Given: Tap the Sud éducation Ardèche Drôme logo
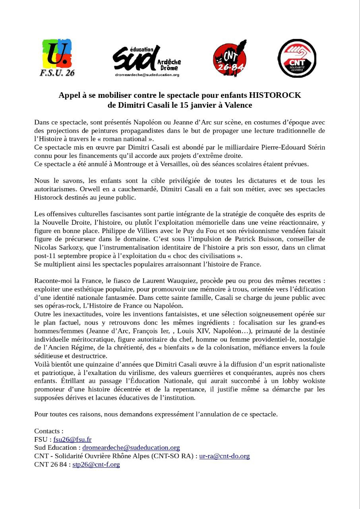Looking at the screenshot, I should [147, 60].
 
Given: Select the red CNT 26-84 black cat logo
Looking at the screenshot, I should [230, 57].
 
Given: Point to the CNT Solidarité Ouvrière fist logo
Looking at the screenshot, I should [296, 58].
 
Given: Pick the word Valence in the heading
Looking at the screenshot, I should [238, 105].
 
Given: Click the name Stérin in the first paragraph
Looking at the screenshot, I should [314, 147].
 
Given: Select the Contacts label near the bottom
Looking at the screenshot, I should [48, 431].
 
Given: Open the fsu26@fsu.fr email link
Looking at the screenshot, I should [72, 439].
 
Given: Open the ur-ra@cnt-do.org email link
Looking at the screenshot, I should [225, 456].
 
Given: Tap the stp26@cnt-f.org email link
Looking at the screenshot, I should [96, 464].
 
